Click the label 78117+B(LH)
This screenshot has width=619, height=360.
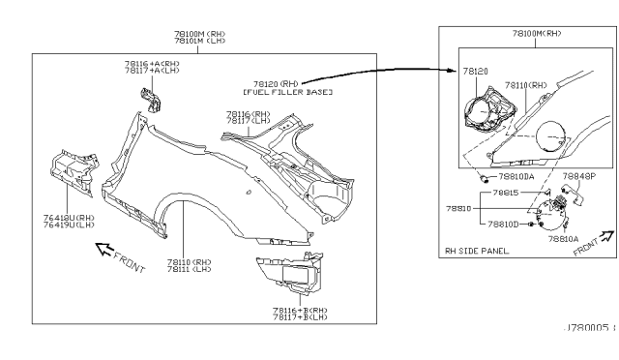tap(300, 316)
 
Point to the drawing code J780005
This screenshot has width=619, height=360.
tap(586, 329)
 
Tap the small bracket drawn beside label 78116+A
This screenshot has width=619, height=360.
tap(150, 100)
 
